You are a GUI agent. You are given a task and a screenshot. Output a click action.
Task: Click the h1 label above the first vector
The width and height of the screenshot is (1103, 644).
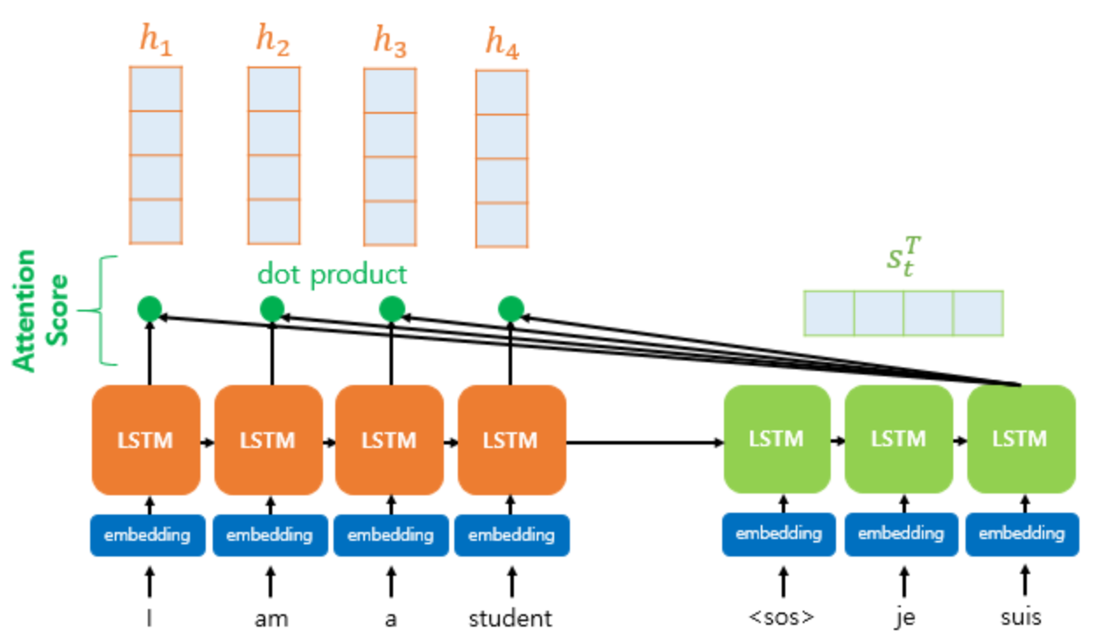156,39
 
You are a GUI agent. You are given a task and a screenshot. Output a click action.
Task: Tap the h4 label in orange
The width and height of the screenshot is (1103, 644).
502,43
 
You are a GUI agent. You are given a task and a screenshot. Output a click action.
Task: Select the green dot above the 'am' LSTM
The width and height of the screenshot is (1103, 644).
271,309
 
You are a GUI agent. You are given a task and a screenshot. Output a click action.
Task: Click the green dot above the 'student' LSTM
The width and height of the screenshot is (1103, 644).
510,309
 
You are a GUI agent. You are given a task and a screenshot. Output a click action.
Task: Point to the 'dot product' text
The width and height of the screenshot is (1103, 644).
333,274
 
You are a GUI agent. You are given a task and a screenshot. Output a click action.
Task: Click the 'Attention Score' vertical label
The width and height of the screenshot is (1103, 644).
39,311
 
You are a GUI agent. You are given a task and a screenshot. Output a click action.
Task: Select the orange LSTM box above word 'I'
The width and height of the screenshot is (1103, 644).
145,439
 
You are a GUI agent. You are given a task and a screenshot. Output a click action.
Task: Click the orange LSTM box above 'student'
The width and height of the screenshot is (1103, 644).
511,439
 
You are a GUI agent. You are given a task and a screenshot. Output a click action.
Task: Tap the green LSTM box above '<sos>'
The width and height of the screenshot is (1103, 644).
777,438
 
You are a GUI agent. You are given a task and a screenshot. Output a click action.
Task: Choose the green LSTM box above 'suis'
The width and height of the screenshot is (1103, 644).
1022,438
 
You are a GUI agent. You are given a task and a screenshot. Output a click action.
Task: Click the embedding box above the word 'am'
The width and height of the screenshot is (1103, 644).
270,535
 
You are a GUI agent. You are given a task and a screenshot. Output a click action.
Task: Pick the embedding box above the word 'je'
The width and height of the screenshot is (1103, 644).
902,535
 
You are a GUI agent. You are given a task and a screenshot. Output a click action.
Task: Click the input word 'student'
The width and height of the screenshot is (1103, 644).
510,619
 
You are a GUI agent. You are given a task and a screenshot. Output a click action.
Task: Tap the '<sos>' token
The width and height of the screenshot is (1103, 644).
782,617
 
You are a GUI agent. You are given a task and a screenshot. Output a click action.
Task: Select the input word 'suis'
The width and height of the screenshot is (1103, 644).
1022,617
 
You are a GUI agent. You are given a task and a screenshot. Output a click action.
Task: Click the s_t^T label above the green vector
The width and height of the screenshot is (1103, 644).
904,256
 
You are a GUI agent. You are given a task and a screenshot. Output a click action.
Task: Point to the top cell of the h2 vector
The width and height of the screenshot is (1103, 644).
274,89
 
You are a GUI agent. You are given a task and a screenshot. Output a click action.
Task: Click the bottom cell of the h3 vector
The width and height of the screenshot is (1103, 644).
390,223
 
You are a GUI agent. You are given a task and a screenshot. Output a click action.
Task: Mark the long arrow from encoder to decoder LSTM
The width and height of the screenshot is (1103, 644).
644,443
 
